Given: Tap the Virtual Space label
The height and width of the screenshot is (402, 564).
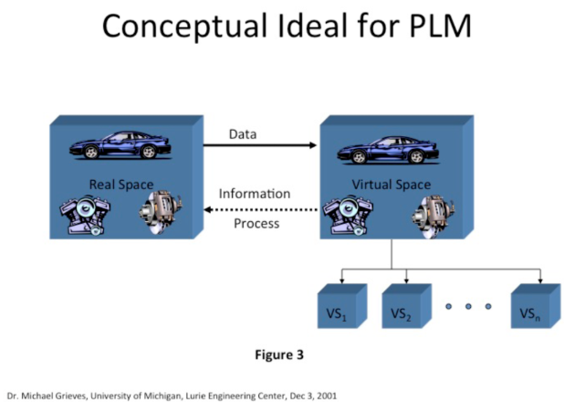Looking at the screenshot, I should point(392,185).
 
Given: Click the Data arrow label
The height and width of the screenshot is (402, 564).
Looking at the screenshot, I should point(242,134).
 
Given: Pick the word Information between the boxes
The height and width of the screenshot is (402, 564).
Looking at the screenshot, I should point(255,194).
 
